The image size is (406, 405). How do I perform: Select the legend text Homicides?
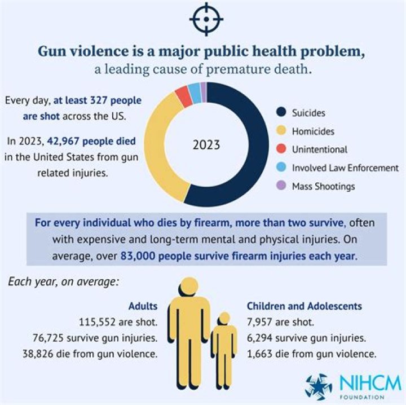click(314, 131)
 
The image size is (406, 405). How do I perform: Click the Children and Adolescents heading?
click(304, 306)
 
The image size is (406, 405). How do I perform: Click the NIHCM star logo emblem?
click(319, 386)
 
